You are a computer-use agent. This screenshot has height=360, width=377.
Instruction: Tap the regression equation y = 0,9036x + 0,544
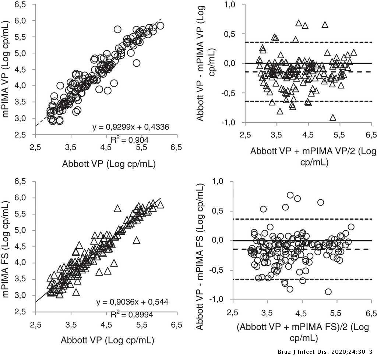[x=132, y=302]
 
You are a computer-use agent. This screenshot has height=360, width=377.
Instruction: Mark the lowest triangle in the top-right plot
[x=333, y=118]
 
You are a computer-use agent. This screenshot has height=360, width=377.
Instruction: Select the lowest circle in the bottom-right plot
[x=328, y=292]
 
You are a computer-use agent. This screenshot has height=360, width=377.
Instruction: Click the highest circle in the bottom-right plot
[x=290, y=195]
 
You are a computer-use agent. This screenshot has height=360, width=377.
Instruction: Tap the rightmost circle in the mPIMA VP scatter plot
[x=160, y=26]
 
